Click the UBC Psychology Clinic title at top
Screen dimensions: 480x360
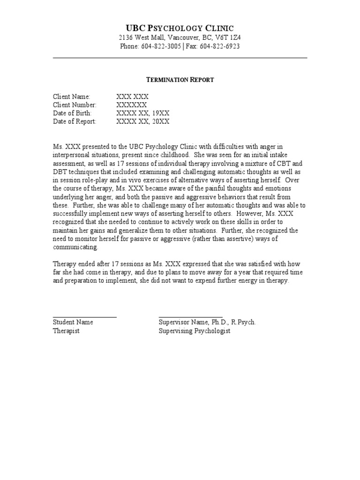[180, 28]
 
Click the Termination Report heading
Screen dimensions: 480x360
[180, 80]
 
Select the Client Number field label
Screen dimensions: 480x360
[75, 105]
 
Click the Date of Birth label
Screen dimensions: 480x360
[72, 113]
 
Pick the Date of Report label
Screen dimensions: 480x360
[74, 121]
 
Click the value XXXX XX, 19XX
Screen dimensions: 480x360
[142, 113]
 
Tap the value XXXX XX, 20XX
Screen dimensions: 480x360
[142, 121]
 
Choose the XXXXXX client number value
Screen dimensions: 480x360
[132, 105]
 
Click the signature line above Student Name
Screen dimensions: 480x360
[84, 317]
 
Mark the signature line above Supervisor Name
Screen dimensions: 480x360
[190, 317]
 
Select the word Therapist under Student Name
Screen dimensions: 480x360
[66, 331]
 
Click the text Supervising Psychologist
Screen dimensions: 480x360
[195, 331]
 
